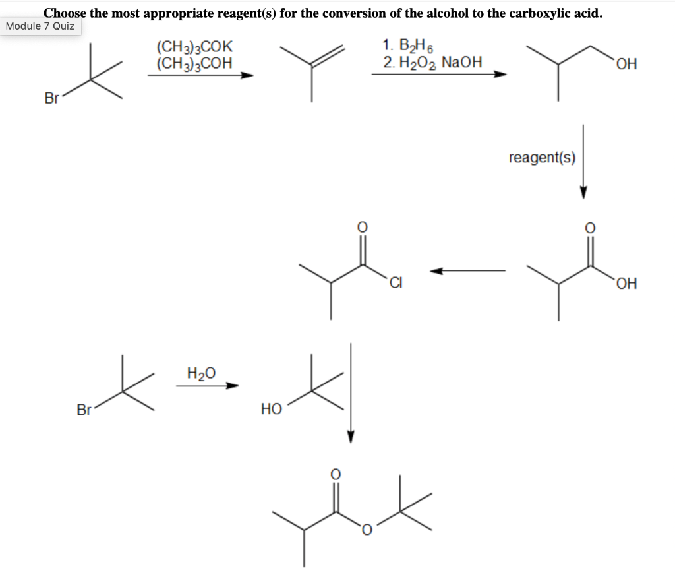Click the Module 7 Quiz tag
41,27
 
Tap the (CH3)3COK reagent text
194,48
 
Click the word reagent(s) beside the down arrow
542,158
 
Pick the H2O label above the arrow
201,373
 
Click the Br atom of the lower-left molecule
84,409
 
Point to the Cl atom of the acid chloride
395,284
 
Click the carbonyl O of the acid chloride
362,226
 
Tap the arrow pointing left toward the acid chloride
468,270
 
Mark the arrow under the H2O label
206,386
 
